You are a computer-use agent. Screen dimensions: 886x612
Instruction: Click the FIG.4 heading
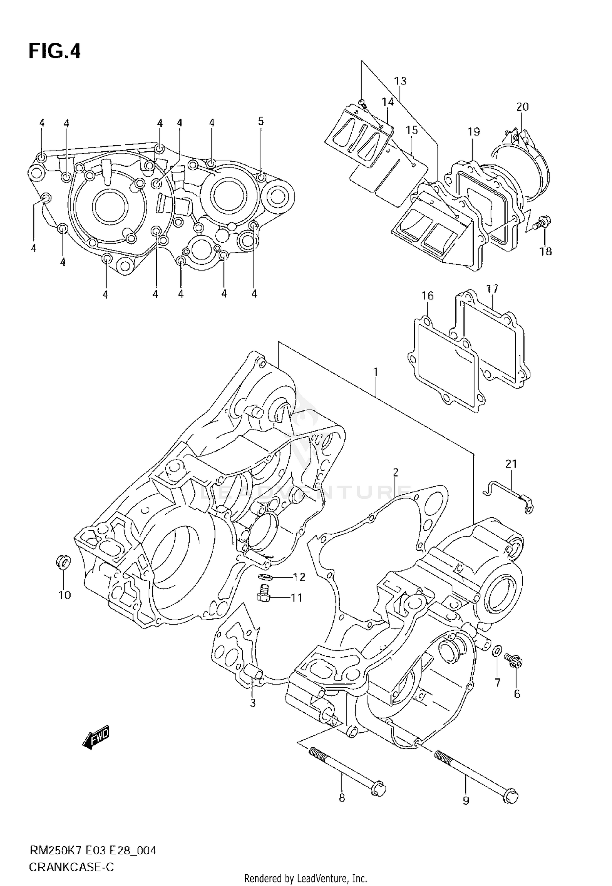pos(55,52)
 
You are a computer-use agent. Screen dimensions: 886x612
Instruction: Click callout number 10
pos(64,595)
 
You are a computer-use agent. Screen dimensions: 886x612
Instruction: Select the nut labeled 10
pos(63,563)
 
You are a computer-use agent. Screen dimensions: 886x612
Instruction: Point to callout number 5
pos(261,121)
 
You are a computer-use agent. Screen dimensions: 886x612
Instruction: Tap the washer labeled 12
pos(266,577)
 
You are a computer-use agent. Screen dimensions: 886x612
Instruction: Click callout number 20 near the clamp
pos(522,107)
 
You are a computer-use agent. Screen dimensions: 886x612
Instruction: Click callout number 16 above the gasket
pos(427,295)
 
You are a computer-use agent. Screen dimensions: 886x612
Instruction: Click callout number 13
pos(400,81)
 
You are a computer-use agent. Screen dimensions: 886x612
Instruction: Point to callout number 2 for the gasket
pos(395,472)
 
